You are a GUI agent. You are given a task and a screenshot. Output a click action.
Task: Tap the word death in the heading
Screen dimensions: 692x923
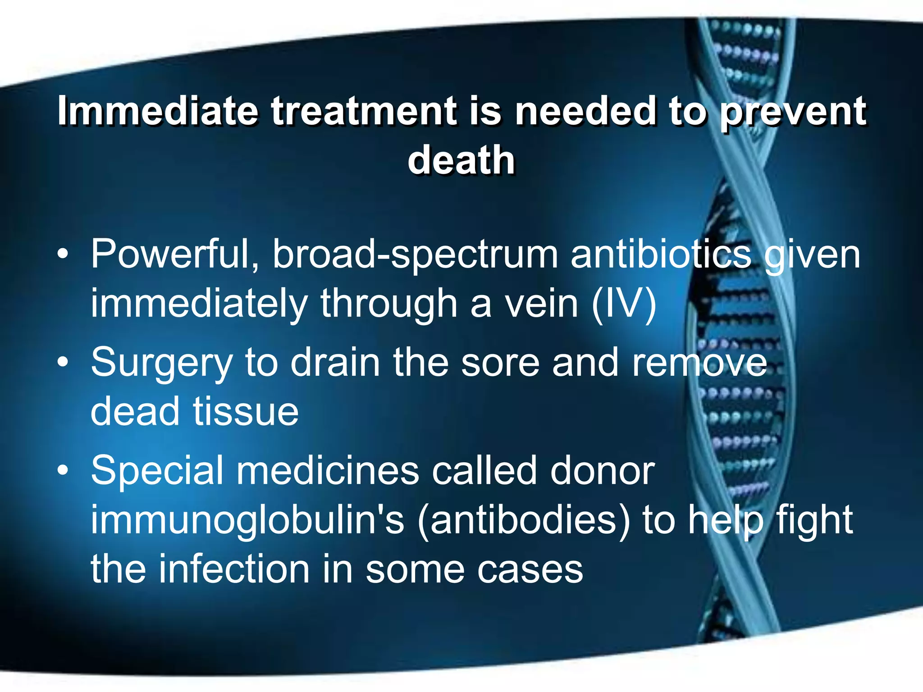tap(461, 160)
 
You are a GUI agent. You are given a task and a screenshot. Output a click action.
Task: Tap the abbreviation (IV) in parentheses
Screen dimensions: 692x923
tap(624, 305)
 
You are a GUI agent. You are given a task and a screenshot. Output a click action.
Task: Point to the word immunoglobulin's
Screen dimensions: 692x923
tap(247, 520)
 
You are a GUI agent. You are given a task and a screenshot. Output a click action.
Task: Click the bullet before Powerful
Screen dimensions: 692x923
tap(63, 255)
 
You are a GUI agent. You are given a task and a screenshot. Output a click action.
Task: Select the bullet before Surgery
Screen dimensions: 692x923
tap(63, 362)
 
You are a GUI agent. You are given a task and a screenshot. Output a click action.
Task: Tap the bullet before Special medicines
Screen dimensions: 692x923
tap(63, 470)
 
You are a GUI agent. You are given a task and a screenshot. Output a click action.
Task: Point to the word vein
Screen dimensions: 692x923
tap(541, 305)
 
